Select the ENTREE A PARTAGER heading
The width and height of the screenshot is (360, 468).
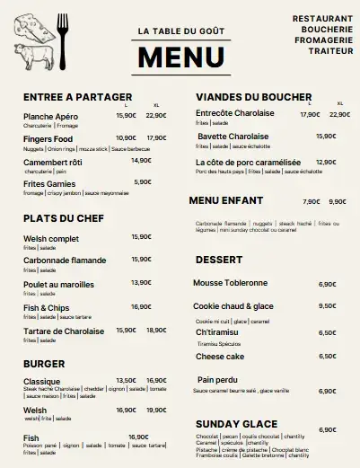pos(78,97)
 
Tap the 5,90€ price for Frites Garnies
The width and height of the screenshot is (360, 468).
pos(142,181)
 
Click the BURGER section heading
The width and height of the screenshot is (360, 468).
pos(45,365)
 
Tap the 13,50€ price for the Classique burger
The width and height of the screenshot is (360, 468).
pos(126,380)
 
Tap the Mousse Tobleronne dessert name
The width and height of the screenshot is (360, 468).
pos(230,282)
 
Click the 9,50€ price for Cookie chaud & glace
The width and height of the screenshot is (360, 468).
pos(327,306)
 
